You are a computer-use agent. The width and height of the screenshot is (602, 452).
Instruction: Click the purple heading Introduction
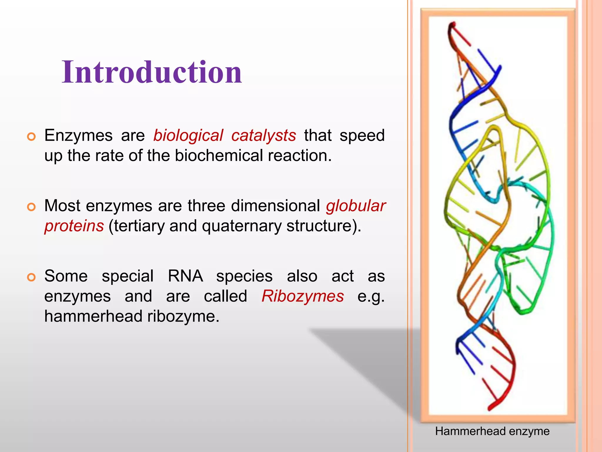[x=152, y=72]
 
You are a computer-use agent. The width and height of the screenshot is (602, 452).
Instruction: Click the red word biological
[x=188, y=136]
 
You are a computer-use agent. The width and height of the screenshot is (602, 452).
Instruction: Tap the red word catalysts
[x=263, y=136]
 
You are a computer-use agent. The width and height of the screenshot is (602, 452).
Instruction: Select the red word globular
[x=356, y=206]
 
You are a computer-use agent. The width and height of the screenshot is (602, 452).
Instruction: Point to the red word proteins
[x=74, y=226]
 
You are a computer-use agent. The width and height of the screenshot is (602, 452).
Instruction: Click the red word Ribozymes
[x=302, y=296]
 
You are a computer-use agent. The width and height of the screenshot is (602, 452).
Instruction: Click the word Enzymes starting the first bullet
[x=78, y=136]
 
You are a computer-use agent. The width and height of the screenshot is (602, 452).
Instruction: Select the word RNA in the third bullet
[x=185, y=276]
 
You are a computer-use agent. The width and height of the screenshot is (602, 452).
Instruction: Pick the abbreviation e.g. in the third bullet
[x=371, y=296]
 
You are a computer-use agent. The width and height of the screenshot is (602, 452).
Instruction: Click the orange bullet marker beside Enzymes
[x=31, y=137]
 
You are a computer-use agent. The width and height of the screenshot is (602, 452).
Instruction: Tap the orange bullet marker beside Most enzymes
[x=31, y=207]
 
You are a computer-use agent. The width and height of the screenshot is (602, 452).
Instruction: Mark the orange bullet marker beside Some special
[x=31, y=277]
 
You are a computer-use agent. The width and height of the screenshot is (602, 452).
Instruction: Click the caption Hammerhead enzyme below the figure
[x=492, y=431]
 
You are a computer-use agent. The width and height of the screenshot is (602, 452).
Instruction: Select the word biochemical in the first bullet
[x=219, y=156]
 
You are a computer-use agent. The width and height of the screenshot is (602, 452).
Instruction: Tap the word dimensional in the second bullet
[x=275, y=206]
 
